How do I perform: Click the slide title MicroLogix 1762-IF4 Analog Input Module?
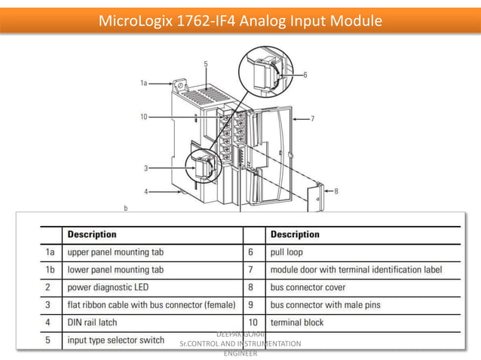pyautogui.click(x=240, y=20)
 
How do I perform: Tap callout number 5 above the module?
pyautogui.click(x=205, y=65)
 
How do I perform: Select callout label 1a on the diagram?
pyautogui.click(x=143, y=84)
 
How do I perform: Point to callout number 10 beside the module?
pyautogui.click(x=143, y=117)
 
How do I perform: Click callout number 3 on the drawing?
pyautogui.click(x=146, y=167)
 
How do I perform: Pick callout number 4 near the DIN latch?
pyautogui.click(x=146, y=191)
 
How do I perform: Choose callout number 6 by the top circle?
pyautogui.click(x=305, y=75)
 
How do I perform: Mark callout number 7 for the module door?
pyautogui.click(x=312, y=118)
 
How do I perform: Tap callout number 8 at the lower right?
pyautogui.click(x=335, y=191)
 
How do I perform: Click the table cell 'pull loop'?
pyautogui.click(x=286, y=252)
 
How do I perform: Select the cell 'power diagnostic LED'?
pyautogui.click(x=110, y=287)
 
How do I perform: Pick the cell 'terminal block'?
pyautogui.click(x=298, y=322)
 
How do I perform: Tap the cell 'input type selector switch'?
pyautogui.click(x=116, y=340)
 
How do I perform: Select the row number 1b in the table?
pyautogui.click(x=50, y=269)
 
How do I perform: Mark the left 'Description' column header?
pyautogui.click(x=92, y=234)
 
